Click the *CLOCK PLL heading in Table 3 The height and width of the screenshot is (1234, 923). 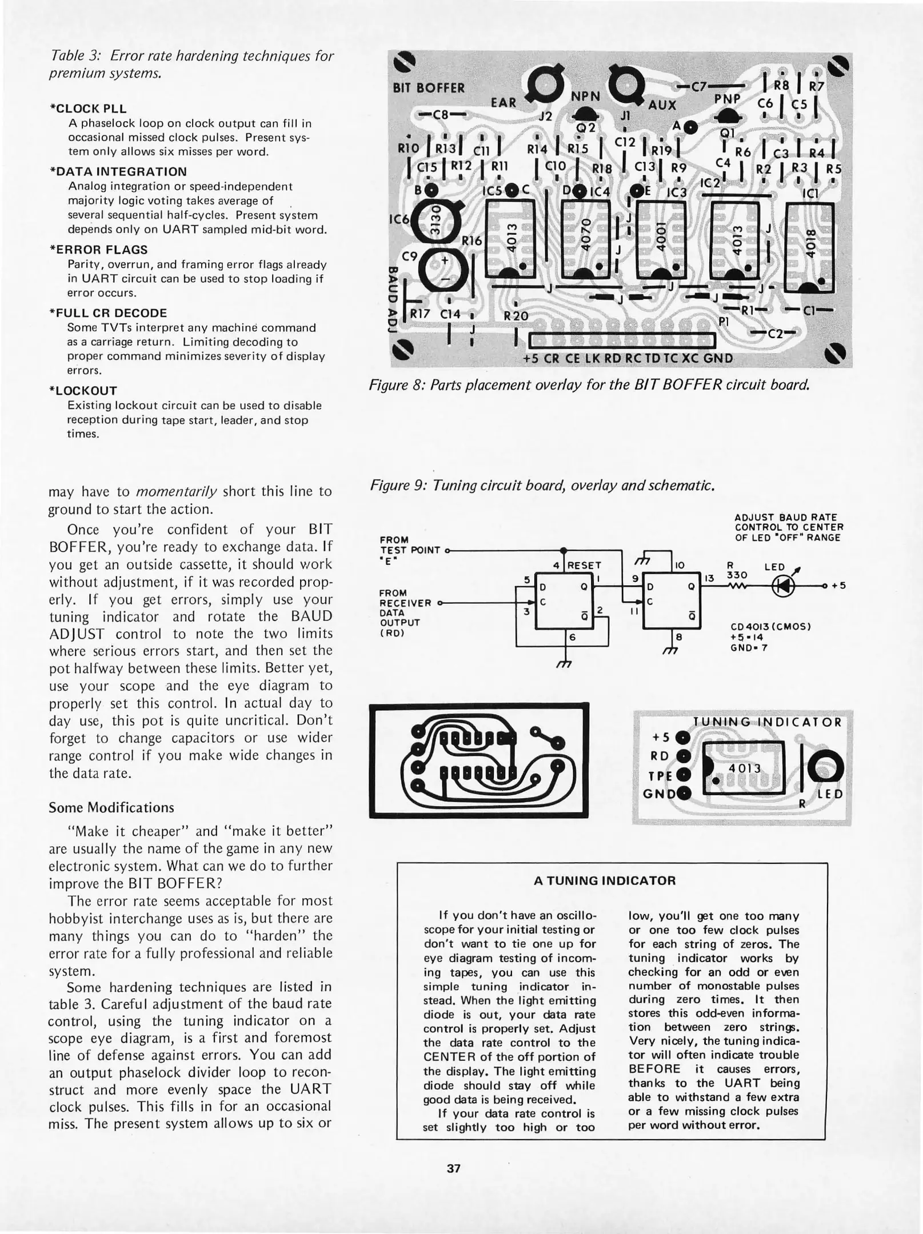(x=89, y=109)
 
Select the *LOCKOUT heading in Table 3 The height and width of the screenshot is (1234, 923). (x=83, y=391)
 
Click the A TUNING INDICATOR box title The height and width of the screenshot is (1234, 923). (x=605, y=880)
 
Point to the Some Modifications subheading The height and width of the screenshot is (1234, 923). (x=111, y=807)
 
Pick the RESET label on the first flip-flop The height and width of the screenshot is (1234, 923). (x=584, y=566)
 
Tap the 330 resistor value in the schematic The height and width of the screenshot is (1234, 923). (x=737, y=575)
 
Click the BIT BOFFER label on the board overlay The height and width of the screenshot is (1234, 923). (x=429, y=88)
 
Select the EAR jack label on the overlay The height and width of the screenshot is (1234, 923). (x=504, y=103)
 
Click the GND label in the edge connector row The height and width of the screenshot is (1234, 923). (x=718, y=359)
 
